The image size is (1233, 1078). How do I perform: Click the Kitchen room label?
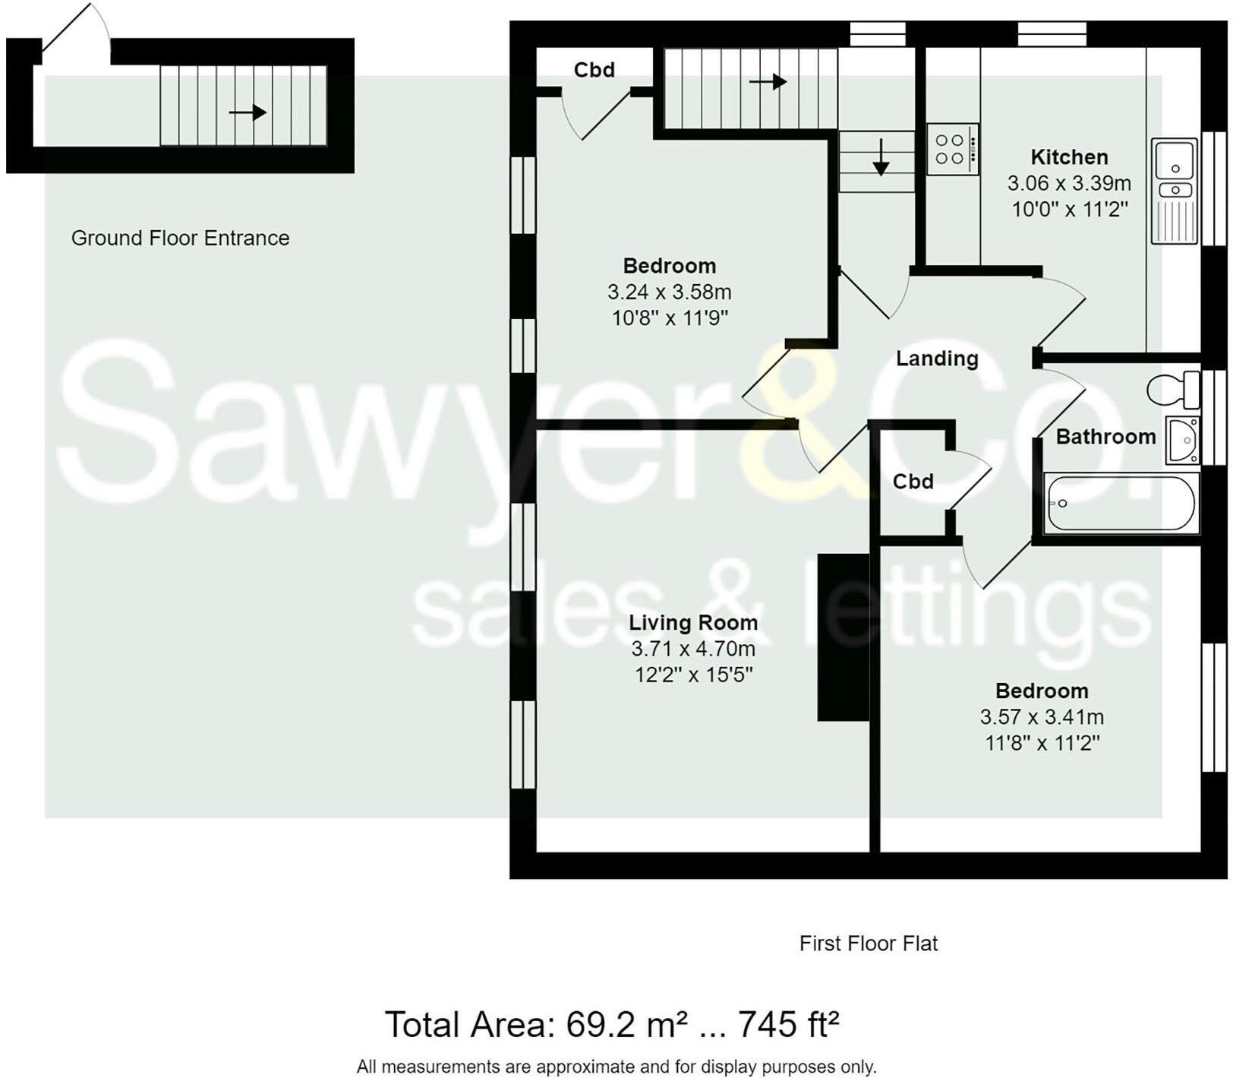1069,157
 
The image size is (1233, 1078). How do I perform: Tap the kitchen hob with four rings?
952,150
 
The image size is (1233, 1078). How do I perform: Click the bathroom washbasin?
1182,439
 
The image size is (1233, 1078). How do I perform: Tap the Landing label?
937,359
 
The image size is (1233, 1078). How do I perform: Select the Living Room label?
693,623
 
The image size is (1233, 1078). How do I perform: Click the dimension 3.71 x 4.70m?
693,649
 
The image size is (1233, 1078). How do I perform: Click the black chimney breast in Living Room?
843,637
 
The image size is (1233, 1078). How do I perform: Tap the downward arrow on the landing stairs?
881,158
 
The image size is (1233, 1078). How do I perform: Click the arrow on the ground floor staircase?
248,113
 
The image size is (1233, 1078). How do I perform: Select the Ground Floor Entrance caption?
180,239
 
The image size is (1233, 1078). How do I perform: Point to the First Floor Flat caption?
869,944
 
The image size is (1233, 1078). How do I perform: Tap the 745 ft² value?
789,1025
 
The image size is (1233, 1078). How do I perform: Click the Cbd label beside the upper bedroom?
594,70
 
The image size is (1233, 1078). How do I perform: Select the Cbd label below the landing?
913,482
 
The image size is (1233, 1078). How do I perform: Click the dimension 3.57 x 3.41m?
1042,717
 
